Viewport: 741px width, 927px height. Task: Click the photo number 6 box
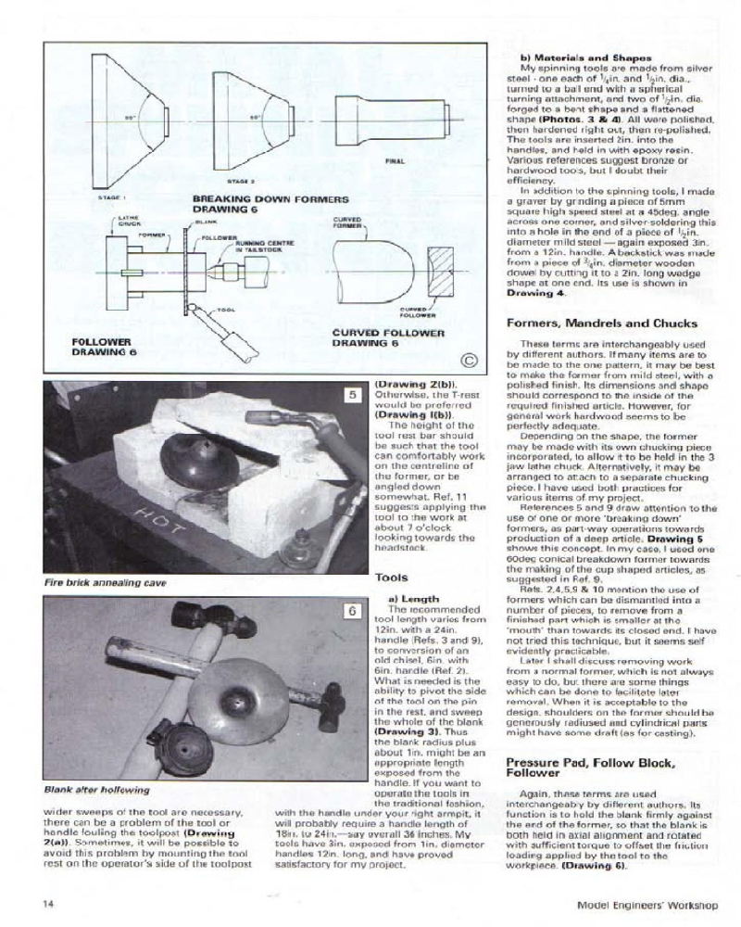pyautogui.click(x=352, y=611)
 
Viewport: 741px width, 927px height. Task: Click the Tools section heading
pyautogui.click(x=391, y=577)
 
